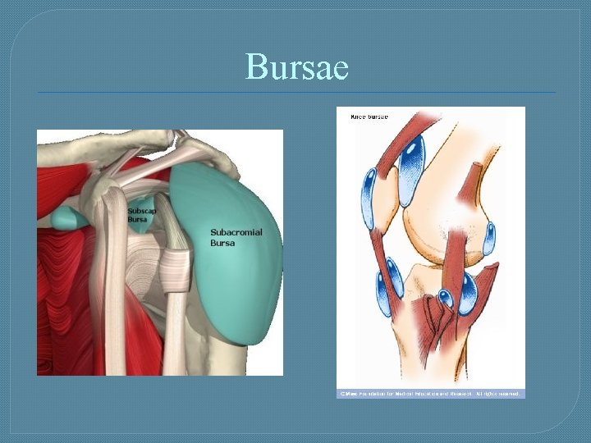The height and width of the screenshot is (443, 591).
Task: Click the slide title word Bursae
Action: pos(296,66)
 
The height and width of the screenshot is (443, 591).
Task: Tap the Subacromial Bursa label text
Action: pos(236,238)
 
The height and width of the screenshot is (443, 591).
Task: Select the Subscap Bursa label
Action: pos(139,216)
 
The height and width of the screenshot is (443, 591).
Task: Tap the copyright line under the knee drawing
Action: pos(429,394)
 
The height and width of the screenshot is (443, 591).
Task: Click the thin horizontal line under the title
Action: pos(296,92)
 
